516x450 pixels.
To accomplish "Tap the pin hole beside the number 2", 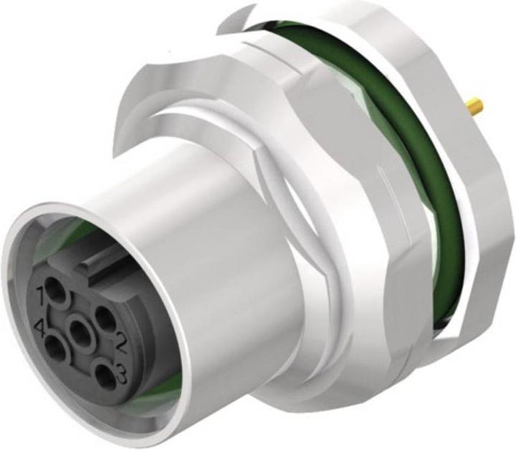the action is (x=105, y=317).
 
